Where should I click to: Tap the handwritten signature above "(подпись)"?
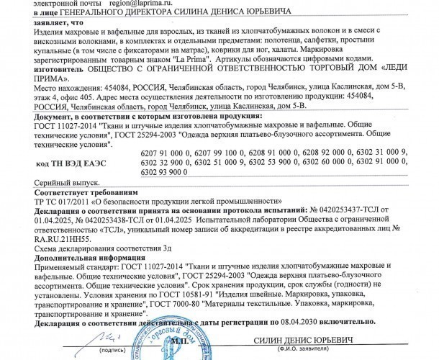[x=107, y=337]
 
